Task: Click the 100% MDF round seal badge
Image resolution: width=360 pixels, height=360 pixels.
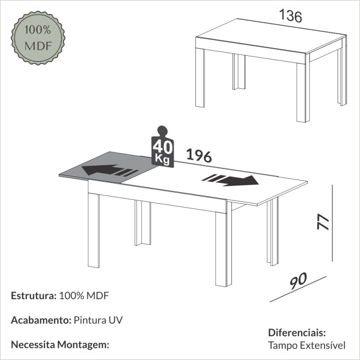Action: (38, 38)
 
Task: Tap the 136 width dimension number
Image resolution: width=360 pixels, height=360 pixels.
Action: (290, 16)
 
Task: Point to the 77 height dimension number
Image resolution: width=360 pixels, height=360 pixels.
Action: (323, 222)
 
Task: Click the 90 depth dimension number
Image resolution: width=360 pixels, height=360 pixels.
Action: (298, 281)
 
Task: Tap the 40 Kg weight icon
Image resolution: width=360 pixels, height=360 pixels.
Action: (162, 147)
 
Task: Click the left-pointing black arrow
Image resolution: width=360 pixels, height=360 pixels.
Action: (110, 171)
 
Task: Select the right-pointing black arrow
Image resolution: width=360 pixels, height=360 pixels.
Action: (230, 180)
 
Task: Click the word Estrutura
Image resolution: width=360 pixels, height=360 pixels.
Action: (34, 296)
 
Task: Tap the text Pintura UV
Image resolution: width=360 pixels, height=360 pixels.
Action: (98, 320)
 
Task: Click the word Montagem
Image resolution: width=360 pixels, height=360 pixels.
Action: (83, 345)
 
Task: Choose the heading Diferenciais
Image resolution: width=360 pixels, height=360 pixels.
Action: (297, 333)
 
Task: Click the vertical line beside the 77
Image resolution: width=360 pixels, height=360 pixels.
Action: (332, 223)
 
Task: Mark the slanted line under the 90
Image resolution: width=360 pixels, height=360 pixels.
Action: (298, 289)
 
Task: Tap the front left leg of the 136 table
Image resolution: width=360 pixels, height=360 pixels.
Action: (200, 77)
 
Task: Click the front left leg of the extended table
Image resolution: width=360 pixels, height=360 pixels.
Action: (94, 230)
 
